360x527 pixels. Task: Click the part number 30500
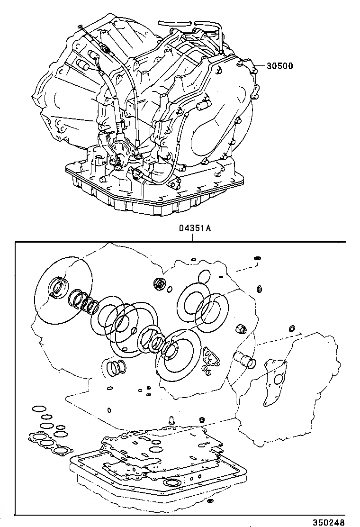(x=279, y=66)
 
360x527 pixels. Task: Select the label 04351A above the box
(x=194, y=228)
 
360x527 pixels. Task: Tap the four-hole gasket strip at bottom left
(x=49, y=443)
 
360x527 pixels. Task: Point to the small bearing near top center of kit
(x=160, y=284)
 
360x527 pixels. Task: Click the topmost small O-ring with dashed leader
(x=258, y=258)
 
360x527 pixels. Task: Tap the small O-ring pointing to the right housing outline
(x=292, y=328)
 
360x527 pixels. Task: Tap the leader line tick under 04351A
(x=193, y=237)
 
